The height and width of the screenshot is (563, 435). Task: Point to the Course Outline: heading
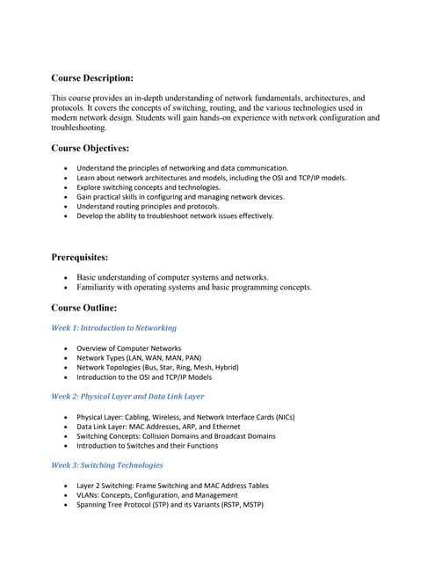84,308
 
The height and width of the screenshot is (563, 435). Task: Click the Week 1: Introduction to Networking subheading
113,327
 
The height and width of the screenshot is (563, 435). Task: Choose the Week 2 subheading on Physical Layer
127,396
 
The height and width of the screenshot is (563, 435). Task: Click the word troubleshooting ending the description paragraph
79,128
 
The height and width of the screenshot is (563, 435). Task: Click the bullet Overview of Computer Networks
129,348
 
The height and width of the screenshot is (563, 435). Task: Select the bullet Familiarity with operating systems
193,287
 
